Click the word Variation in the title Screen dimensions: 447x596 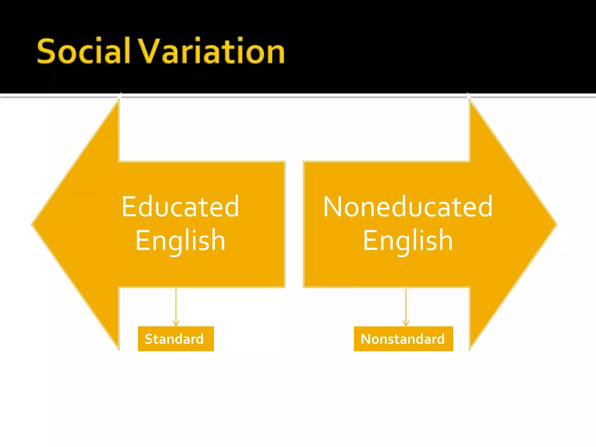(211, 51)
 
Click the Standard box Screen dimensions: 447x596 (176, 339)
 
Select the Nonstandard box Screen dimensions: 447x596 (403, 339)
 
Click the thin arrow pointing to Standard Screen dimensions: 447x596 (176, 306)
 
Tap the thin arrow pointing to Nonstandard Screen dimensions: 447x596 (406, 306)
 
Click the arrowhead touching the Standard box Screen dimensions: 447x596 (176, 323)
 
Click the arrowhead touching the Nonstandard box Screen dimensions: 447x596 (406, 323)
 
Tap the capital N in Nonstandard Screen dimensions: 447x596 (366, 339)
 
